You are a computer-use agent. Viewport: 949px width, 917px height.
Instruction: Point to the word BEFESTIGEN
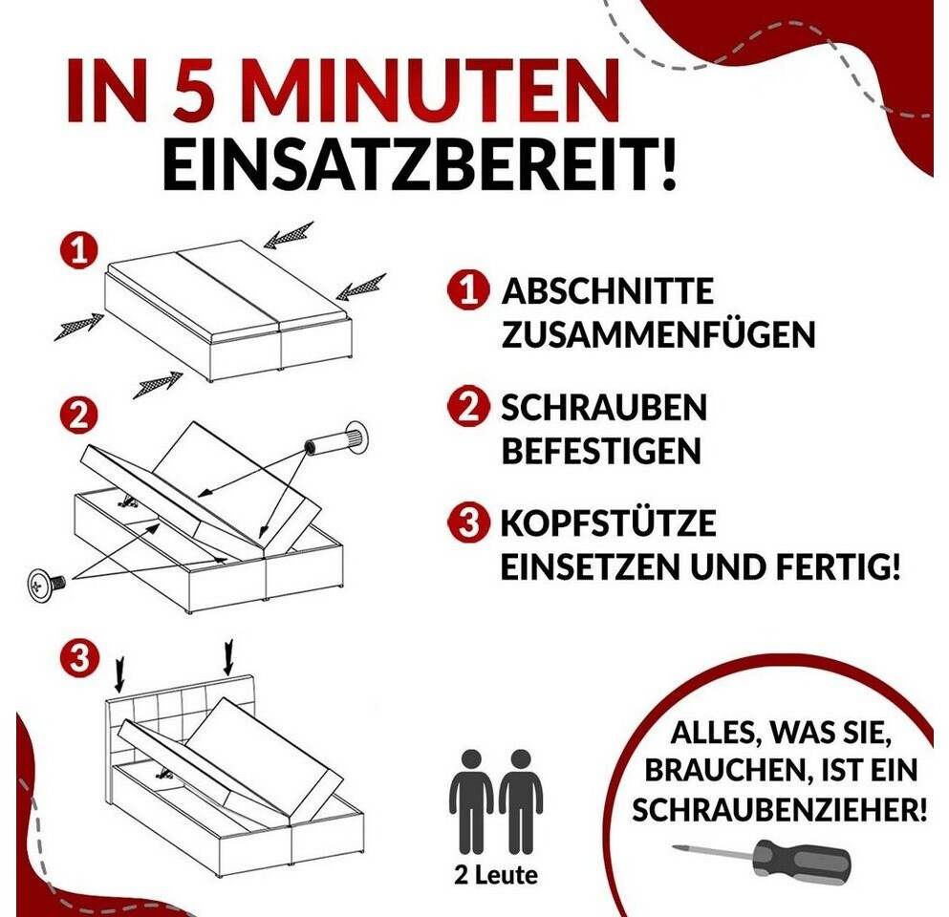601,451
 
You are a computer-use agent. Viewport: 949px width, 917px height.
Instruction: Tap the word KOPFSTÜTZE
608,522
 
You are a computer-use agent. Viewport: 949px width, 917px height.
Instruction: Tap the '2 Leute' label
496,875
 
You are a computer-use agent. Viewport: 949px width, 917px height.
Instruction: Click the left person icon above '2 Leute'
471,801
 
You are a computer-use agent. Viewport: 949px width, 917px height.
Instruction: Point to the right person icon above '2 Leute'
521,801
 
